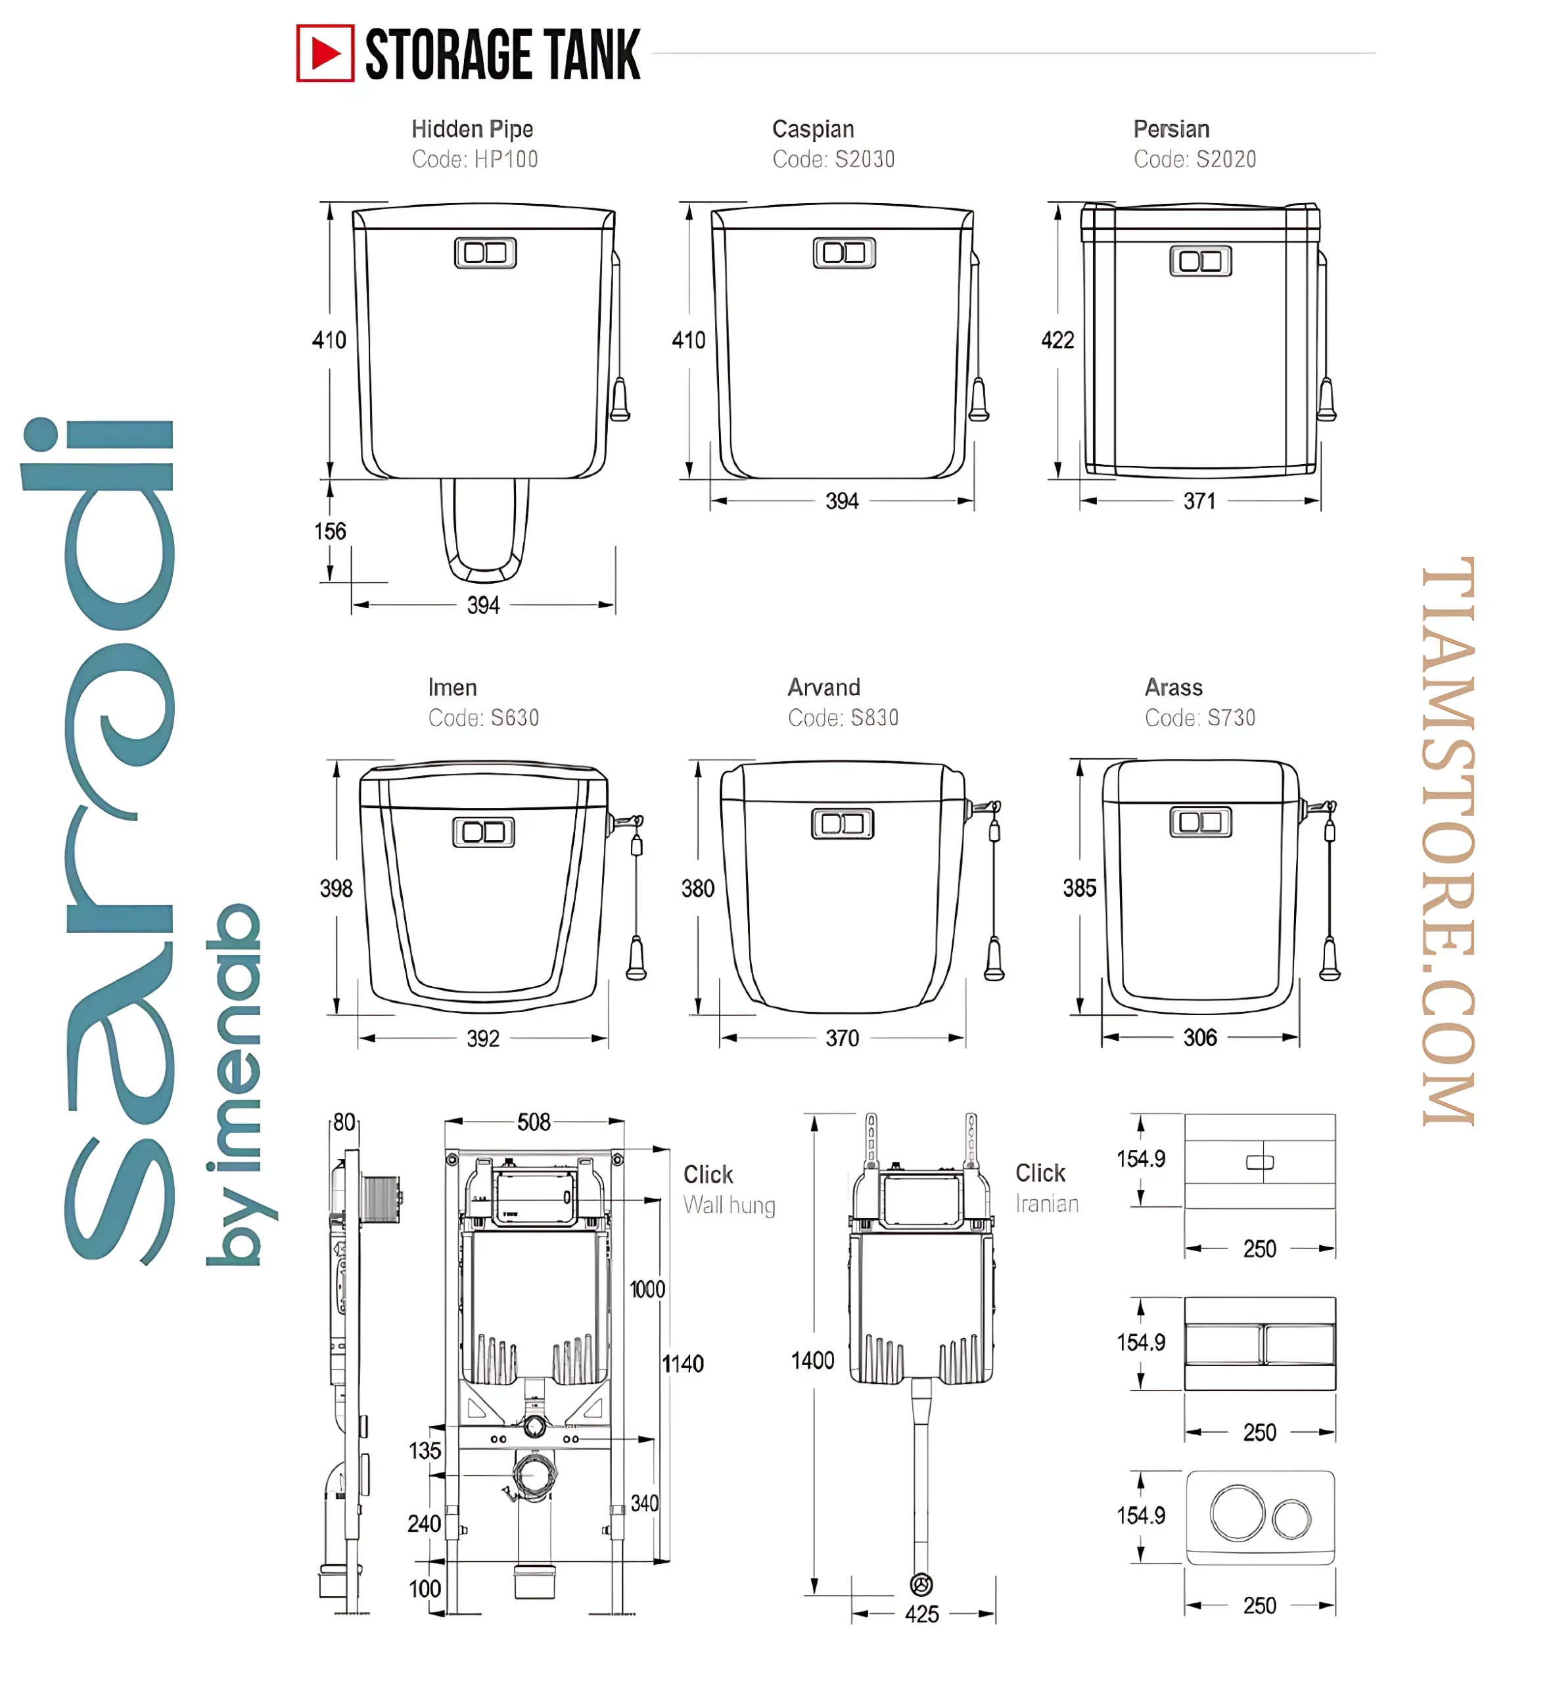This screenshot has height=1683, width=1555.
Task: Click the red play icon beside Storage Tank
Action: click(325, 53)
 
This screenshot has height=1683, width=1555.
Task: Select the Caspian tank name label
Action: click(813, 129)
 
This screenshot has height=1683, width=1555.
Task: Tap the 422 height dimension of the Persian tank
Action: click(1057, 340)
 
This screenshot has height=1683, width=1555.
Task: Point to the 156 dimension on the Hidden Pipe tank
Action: click(330, 531)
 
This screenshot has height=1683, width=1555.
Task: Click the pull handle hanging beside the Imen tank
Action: click(636, 959)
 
